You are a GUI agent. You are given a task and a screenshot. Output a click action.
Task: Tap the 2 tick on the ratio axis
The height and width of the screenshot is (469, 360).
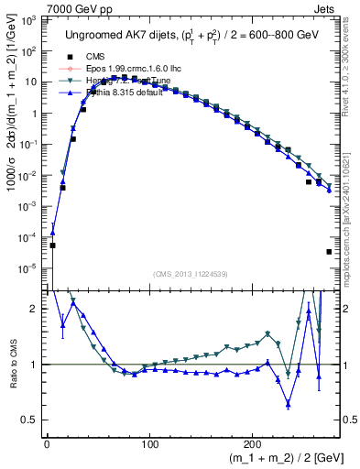[x=35, y=309]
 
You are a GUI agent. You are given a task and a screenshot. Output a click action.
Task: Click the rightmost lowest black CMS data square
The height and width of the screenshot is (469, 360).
[x=329, y=252]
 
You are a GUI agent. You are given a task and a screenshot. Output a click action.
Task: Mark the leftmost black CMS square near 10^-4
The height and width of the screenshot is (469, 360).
[x=53, y=245]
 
